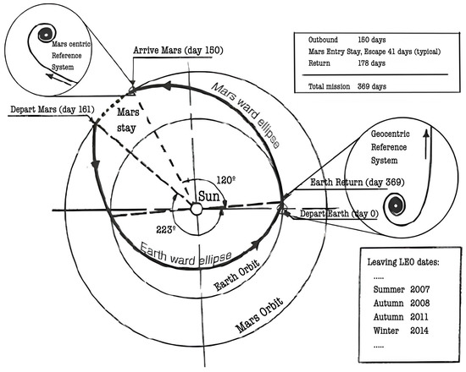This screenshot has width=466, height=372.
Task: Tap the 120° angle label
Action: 225,180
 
